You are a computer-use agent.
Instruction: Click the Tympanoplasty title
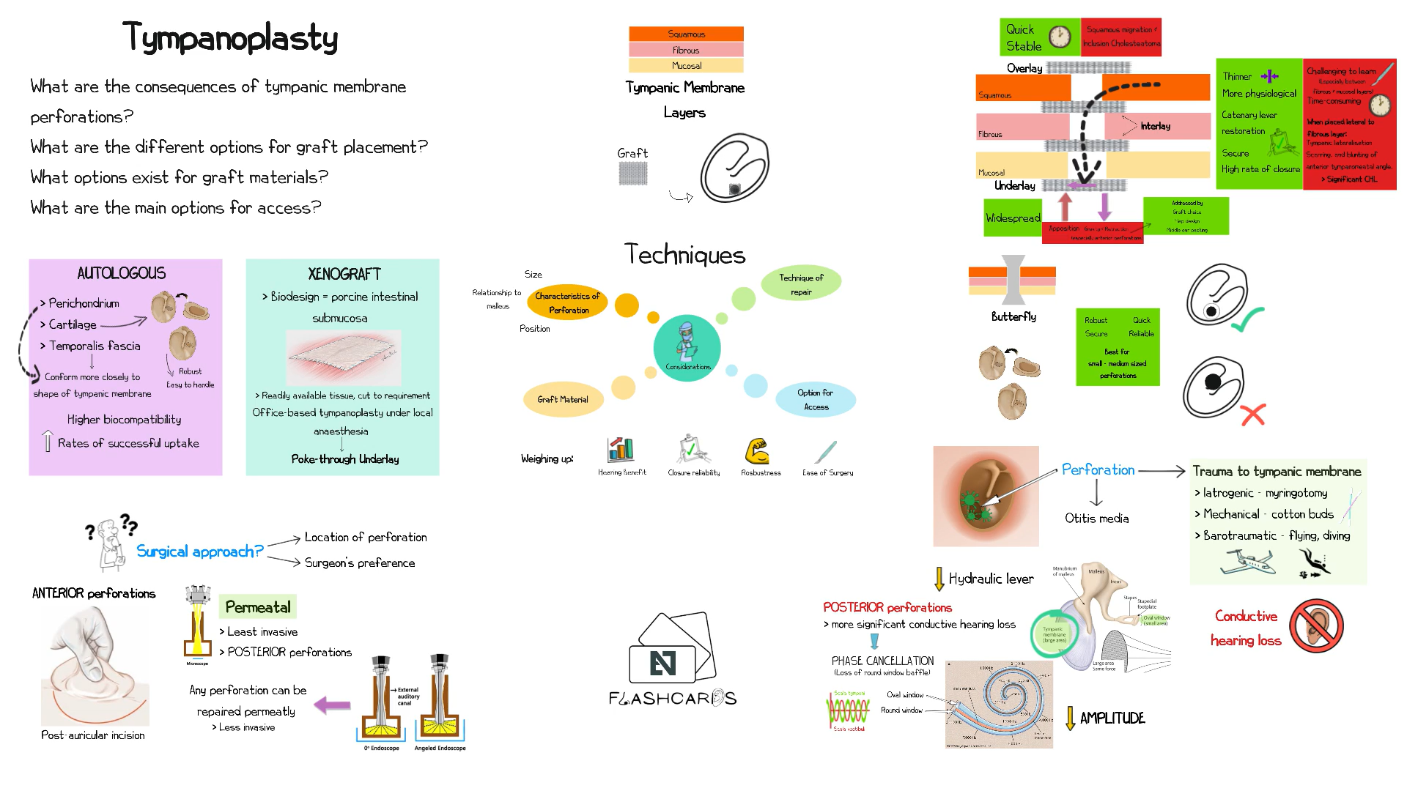pyautogui.click(x=230, y=37)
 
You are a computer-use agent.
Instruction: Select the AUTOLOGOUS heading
pyautogui.click(x=122, y=273)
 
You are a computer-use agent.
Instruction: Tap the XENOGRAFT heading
pyautogui.click(x=344, y=274)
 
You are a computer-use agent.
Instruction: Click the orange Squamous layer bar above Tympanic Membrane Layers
pyautogui.click(x=686, y=34)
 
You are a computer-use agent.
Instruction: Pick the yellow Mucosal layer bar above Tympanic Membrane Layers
pyautogui.click(x=686, y=66)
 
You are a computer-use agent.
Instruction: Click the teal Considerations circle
pyautogui.click(x=687, y=348)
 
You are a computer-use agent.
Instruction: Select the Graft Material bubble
pyautogui.click(x=563, y=399)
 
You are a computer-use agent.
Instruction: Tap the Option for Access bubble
pyautogui.click(x=816, y=400)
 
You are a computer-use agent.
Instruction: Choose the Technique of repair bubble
pyautogui.click(x=801, y=284)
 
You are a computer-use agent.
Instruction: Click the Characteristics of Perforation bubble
pyautogui.click(x=567, y=302)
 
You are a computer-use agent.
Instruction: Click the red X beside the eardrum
pyautogui.click(x=1253, y=415)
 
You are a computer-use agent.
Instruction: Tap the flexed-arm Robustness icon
pyautogui.click(x=757, y=450)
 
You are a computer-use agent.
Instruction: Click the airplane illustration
pyautogui.click(x=1247, y=562)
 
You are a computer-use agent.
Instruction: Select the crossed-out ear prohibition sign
pyautogui.click(x=1316, y=625)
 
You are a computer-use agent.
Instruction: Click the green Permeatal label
pyautogui.click(x=258, y=607)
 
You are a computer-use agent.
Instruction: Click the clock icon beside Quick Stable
pyautogui.click(x=1060, y=37)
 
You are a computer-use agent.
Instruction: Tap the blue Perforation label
pyautogui.click(x=1098, y=469)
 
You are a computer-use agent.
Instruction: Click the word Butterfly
pyautogui.click(x=1013, y=316)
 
